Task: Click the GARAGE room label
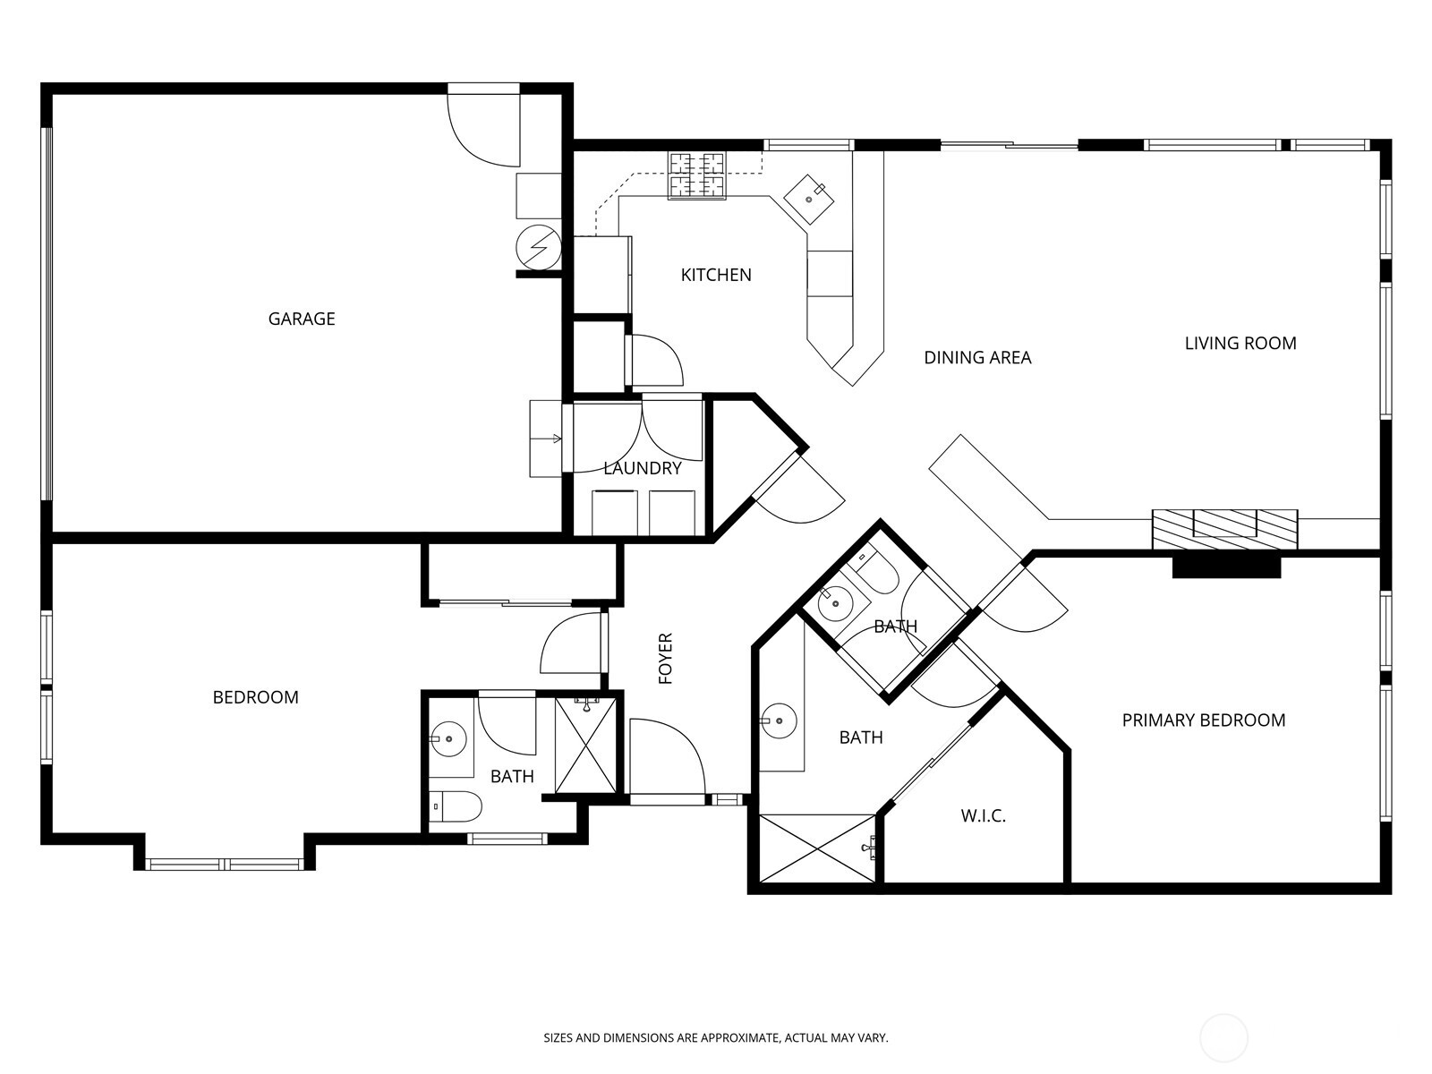[302, 319]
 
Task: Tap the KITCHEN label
[716, 275]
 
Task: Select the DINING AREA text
[977, 357]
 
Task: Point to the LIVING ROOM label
[1240, 343]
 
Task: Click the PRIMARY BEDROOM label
[1204, 720]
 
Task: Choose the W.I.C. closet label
[983, 815]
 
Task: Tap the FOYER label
[666, 658]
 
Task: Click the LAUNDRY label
[643, 468]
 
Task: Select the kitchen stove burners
[696, 175]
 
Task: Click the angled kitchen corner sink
[808, 198]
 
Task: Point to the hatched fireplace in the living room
[1224, 529]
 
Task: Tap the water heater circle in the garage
[538, 248]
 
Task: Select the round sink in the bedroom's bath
[448, 739]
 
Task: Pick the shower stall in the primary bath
[817, 848]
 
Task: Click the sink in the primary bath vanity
[779, 720]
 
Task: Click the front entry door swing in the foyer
[667, 756]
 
